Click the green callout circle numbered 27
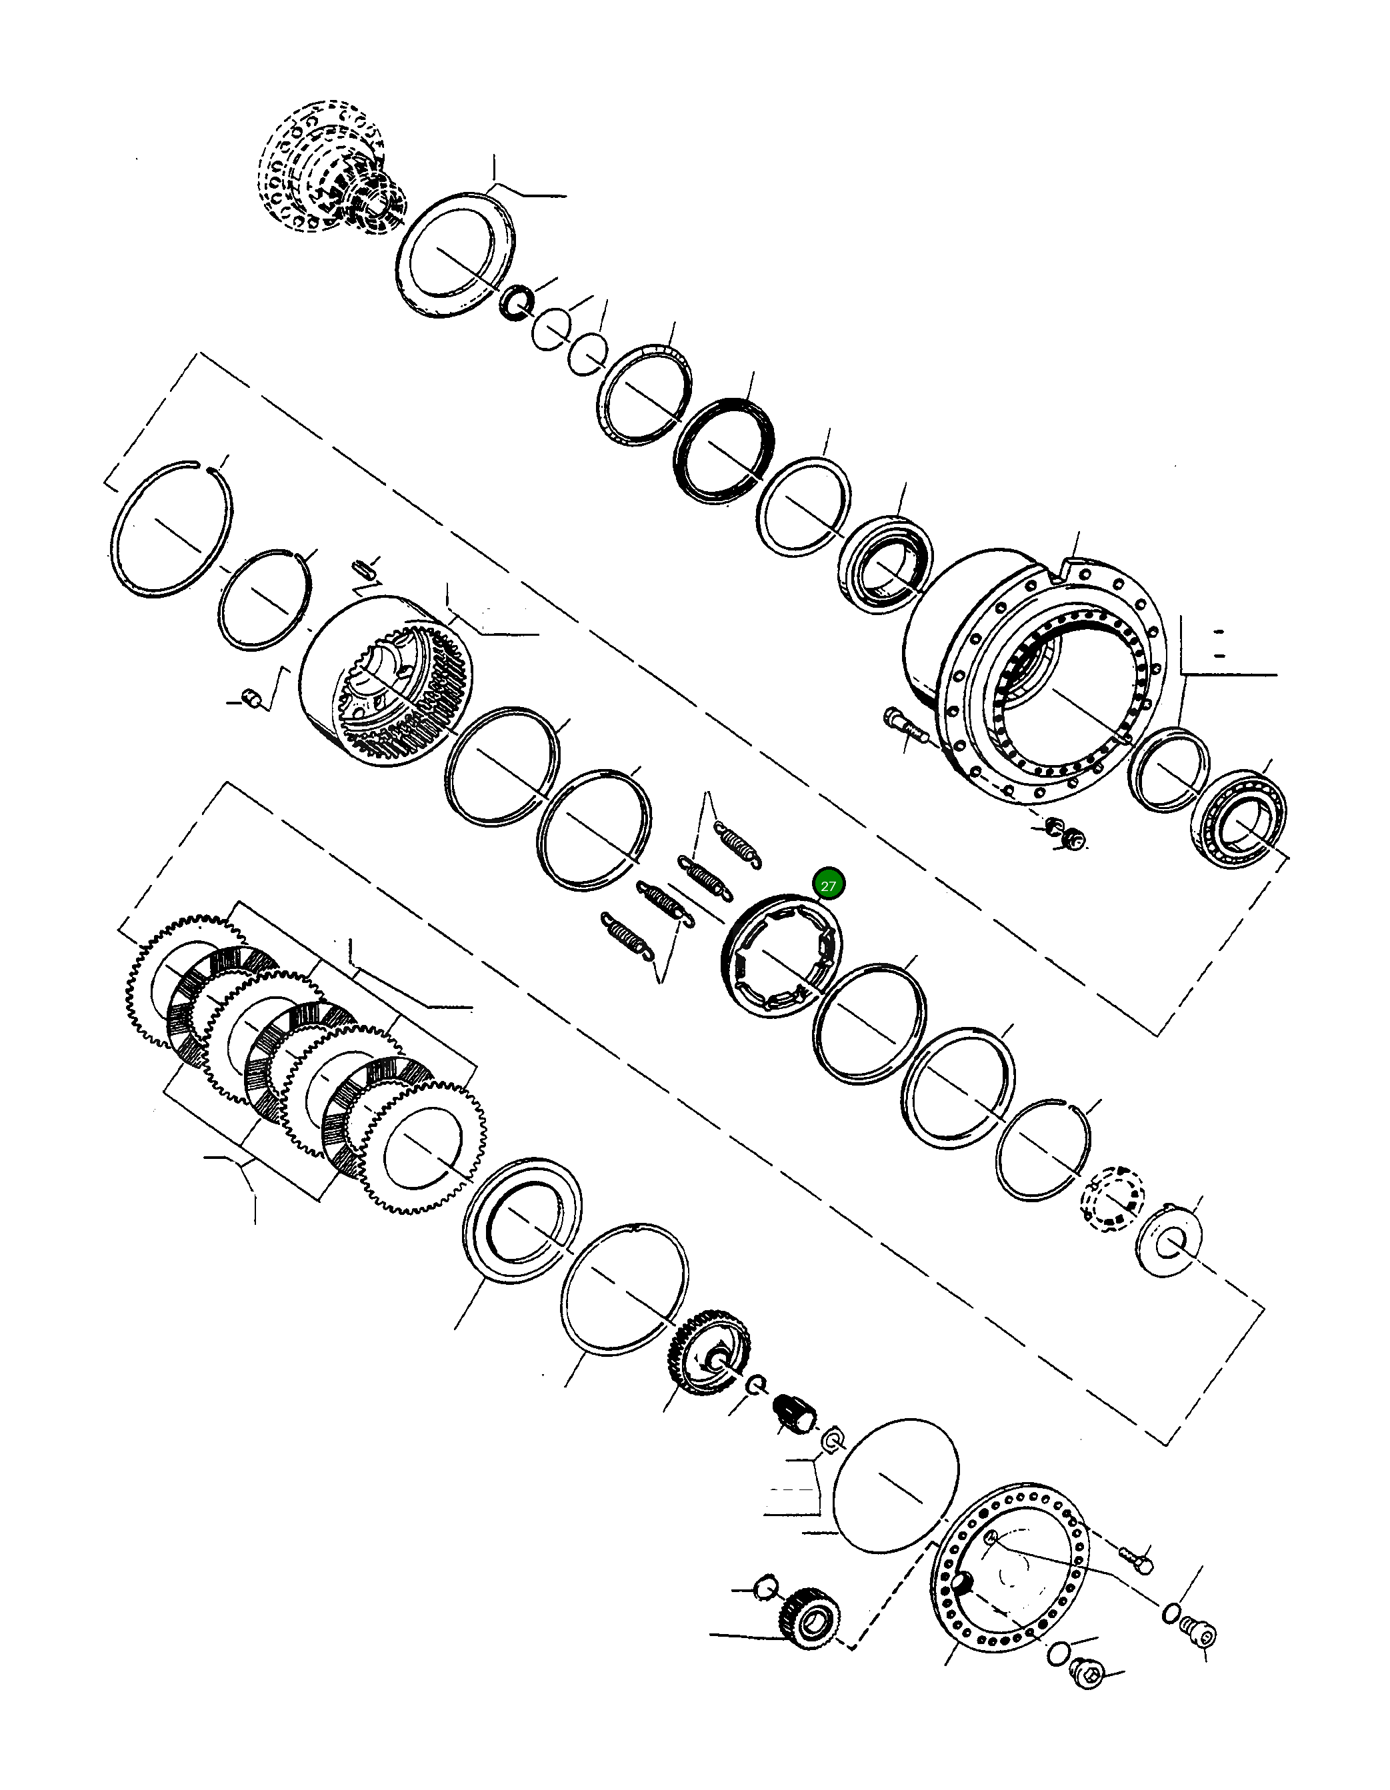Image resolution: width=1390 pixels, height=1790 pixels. pyautogui.click(x=828, y=886)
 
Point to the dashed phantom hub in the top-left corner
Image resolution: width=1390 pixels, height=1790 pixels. pyautogui.click(x=331, y=167)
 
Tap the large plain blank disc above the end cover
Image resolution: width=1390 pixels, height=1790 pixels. pyautogui.click(x=895, y=1485)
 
